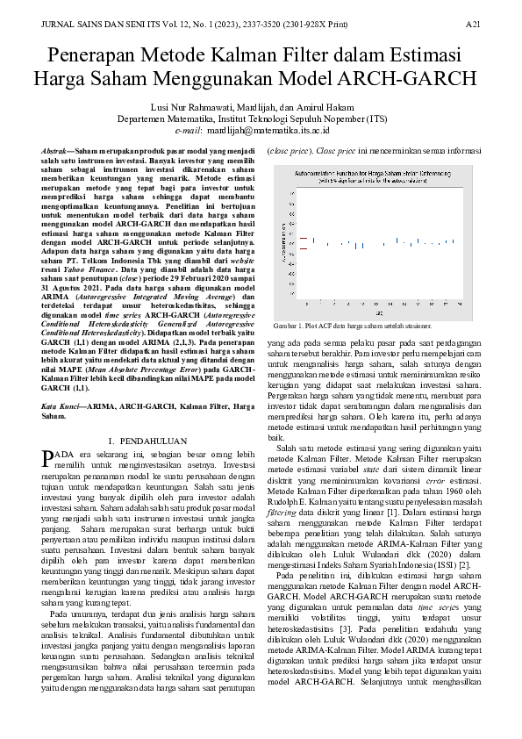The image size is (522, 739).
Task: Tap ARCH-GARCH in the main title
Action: [x=411, y=80]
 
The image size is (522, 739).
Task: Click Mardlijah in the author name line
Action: [x=255, y=106]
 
